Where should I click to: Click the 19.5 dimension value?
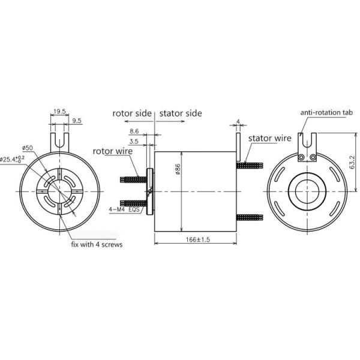pos(59,112)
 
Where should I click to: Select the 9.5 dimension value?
pos(77,121)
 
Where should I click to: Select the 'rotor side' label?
pos(133,113)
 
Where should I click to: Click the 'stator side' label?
pos(181,113)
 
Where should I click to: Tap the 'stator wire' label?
pos(269,138)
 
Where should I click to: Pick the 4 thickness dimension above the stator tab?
pos(238,122)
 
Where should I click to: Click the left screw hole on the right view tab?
pos(301,158)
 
